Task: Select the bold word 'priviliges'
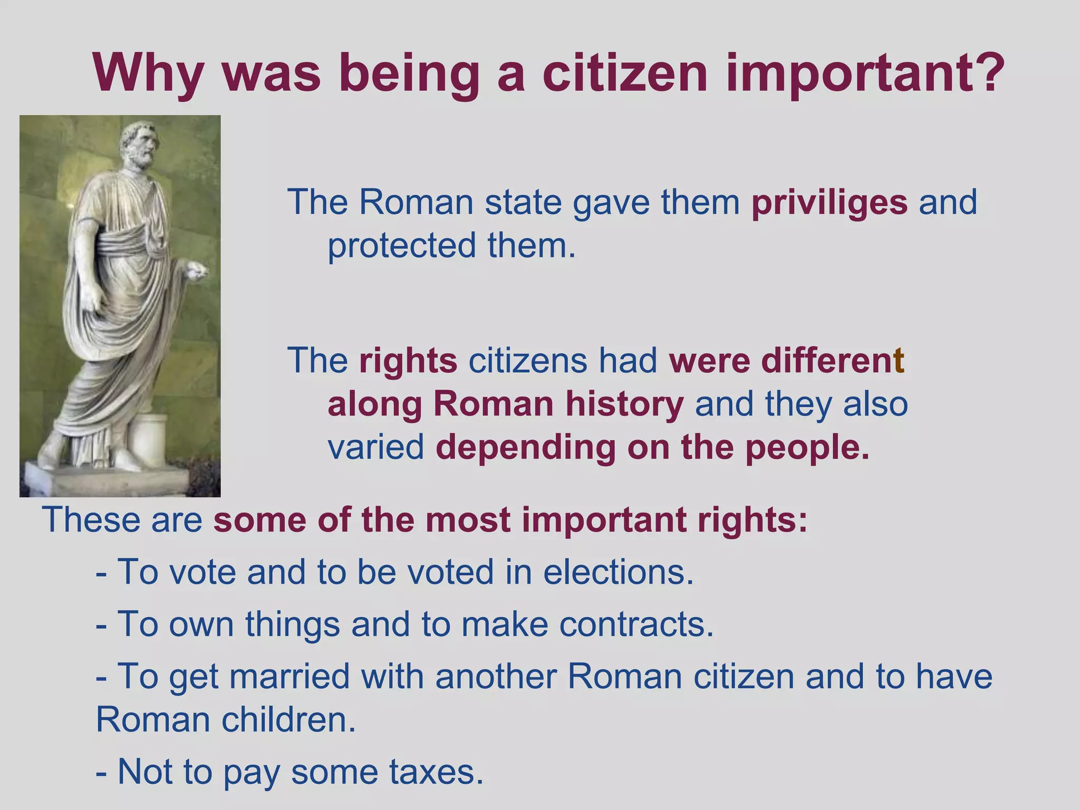(830, 202)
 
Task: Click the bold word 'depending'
(525, 448)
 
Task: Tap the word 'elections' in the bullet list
(618, 572)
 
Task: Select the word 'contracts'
(636, 624)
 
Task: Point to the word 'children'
(288, 720)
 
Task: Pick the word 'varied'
(375, 448)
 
